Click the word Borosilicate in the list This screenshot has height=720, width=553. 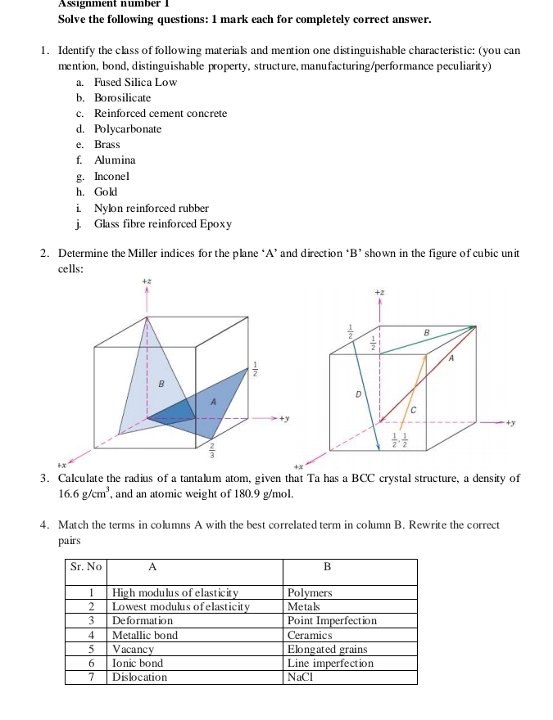pyautogui.click(x=122, y=98)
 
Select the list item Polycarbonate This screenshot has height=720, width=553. pyautogui.click(x=128, y=129)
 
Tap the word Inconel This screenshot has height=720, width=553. pyautogui.click(x=112, y=176)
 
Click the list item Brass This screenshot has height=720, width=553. pyautogui.click(x=107, y=145)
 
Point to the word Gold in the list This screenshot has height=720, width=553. pyautogui.click(x=107, y=191)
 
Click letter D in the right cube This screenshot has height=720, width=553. pyautogui.click(x=358, y=394)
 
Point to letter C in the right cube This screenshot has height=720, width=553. pyautogui.click(x=413, y=407)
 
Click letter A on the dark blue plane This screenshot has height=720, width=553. pyautogui.click(x=213, y=401)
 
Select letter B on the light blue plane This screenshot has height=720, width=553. pyautogui.click(x=161, y=383)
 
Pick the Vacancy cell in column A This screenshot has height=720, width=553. pyautogui.click(x=133, y=649)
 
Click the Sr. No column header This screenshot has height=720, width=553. pyautogui.click(x=86, y=566)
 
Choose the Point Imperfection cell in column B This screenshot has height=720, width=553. pyautogui.click(x=332, y=621)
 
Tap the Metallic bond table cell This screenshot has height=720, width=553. pyautogui.click(x=145, y=635)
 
